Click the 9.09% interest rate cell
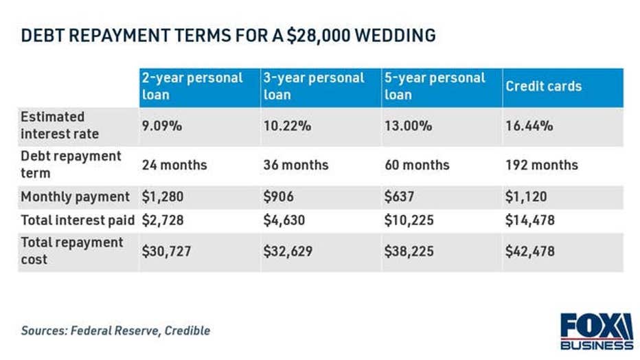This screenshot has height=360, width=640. [x=161, y=126]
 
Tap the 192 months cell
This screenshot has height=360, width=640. [x=542, y=165]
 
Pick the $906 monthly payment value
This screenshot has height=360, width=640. [x=278, y=197]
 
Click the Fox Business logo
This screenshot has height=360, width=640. [x=596, y=331]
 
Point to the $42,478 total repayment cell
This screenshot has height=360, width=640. [x=530, y=251]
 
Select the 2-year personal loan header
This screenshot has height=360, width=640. [x=192, y=87]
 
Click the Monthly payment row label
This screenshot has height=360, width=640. [x=75, y=197]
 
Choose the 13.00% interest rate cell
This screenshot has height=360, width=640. [x=408, y=126]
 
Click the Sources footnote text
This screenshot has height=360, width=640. [x=115, y=330]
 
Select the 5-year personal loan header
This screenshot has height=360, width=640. [x=435, y=87]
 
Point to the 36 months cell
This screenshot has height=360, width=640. [x=295, y=165]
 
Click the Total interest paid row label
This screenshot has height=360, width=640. [x=78, y=221]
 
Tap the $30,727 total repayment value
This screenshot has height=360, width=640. [x=166, y=251]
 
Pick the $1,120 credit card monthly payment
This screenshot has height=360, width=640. [x=526, y=197]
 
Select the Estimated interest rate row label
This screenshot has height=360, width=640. [x=60, y=125]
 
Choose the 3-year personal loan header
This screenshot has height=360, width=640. [x=314, y=87]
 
